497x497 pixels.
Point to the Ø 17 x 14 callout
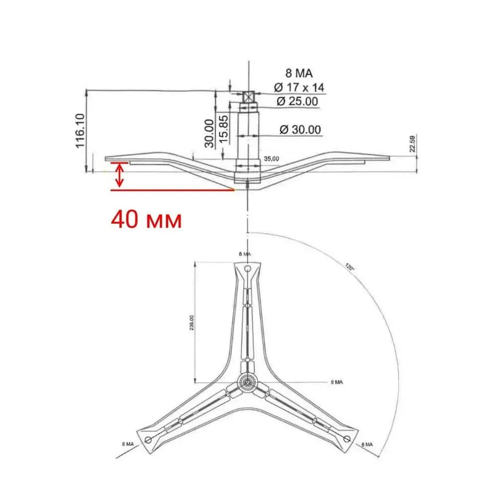pyautogui.click(x=298, y=87)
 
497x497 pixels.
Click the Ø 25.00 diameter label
pyautogui.click(x=297, y=101)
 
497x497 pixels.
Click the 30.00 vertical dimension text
pyautogui.click(x=209, y=133)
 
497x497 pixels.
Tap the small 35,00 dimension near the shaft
pyautogui.click(x=271, y=159)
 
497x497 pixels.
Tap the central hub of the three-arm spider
pyautogui.click(x=247, y=382)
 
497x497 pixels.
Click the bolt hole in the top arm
pyautogui.click(x=247, y=269)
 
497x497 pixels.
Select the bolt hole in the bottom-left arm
pyautogui.click(x=148, y=438)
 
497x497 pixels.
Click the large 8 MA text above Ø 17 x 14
pyautogui.click(x=296, y=74)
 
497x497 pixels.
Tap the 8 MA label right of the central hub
pyautogui.click(x=337, y=382)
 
